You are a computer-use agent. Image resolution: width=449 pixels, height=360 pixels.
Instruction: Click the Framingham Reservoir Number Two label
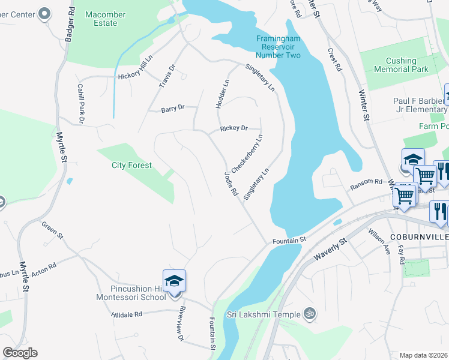[278, 46]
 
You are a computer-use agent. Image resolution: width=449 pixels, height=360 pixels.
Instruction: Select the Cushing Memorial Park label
[401, 65]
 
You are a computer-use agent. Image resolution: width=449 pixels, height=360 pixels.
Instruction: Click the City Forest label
[131, 165]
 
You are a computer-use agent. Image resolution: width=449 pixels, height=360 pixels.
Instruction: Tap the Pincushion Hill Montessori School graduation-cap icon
[174, 281]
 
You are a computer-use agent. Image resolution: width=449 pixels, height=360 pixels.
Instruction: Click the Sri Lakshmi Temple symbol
[310, 313]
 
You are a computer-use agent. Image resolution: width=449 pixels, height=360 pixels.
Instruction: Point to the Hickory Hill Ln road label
[136, 76]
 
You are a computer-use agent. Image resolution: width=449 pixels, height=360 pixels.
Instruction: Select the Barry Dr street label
[172, 109]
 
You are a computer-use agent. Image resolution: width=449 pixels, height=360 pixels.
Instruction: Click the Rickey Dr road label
[234, 128]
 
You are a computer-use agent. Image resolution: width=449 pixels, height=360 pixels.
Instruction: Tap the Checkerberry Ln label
[247, 154]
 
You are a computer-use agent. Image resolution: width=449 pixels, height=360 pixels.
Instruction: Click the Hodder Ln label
[221, 94]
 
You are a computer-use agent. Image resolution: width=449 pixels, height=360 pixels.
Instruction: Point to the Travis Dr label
[166, 76]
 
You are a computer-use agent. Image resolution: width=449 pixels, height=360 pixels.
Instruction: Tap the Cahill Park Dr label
[80, 100]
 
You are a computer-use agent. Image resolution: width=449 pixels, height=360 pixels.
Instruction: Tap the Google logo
[20, 353]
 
